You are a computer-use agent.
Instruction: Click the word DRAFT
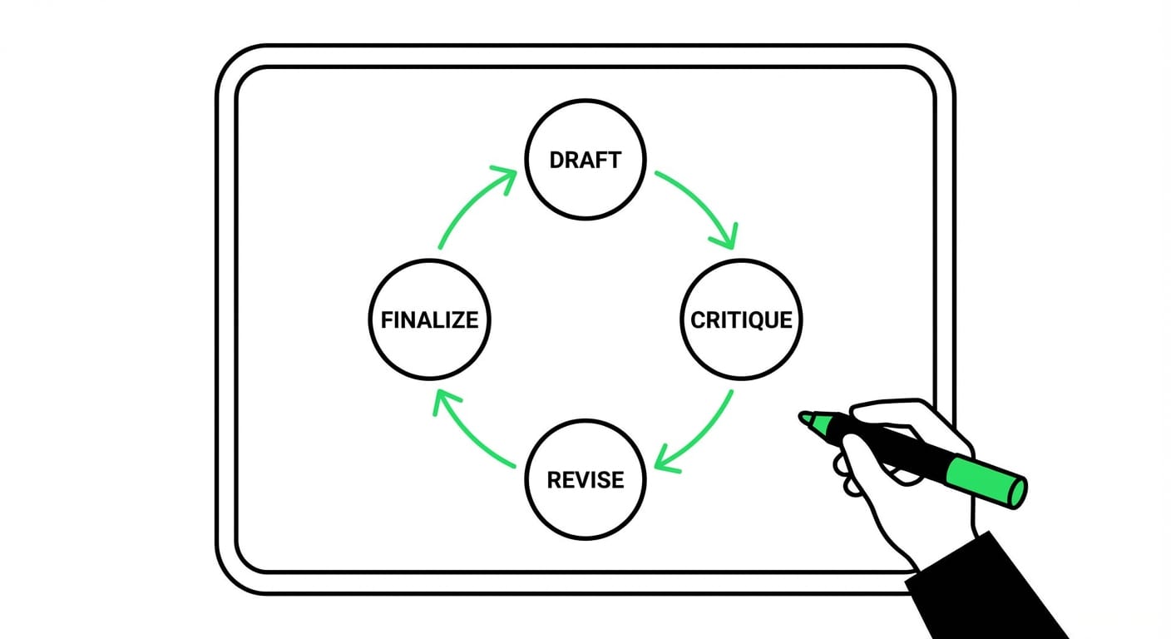[585, 161]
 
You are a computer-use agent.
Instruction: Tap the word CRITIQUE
[742, 319]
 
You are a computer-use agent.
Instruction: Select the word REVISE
[585, 480]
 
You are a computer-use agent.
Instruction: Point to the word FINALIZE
[429, 319]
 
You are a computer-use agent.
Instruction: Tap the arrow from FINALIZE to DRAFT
[467, 204]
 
